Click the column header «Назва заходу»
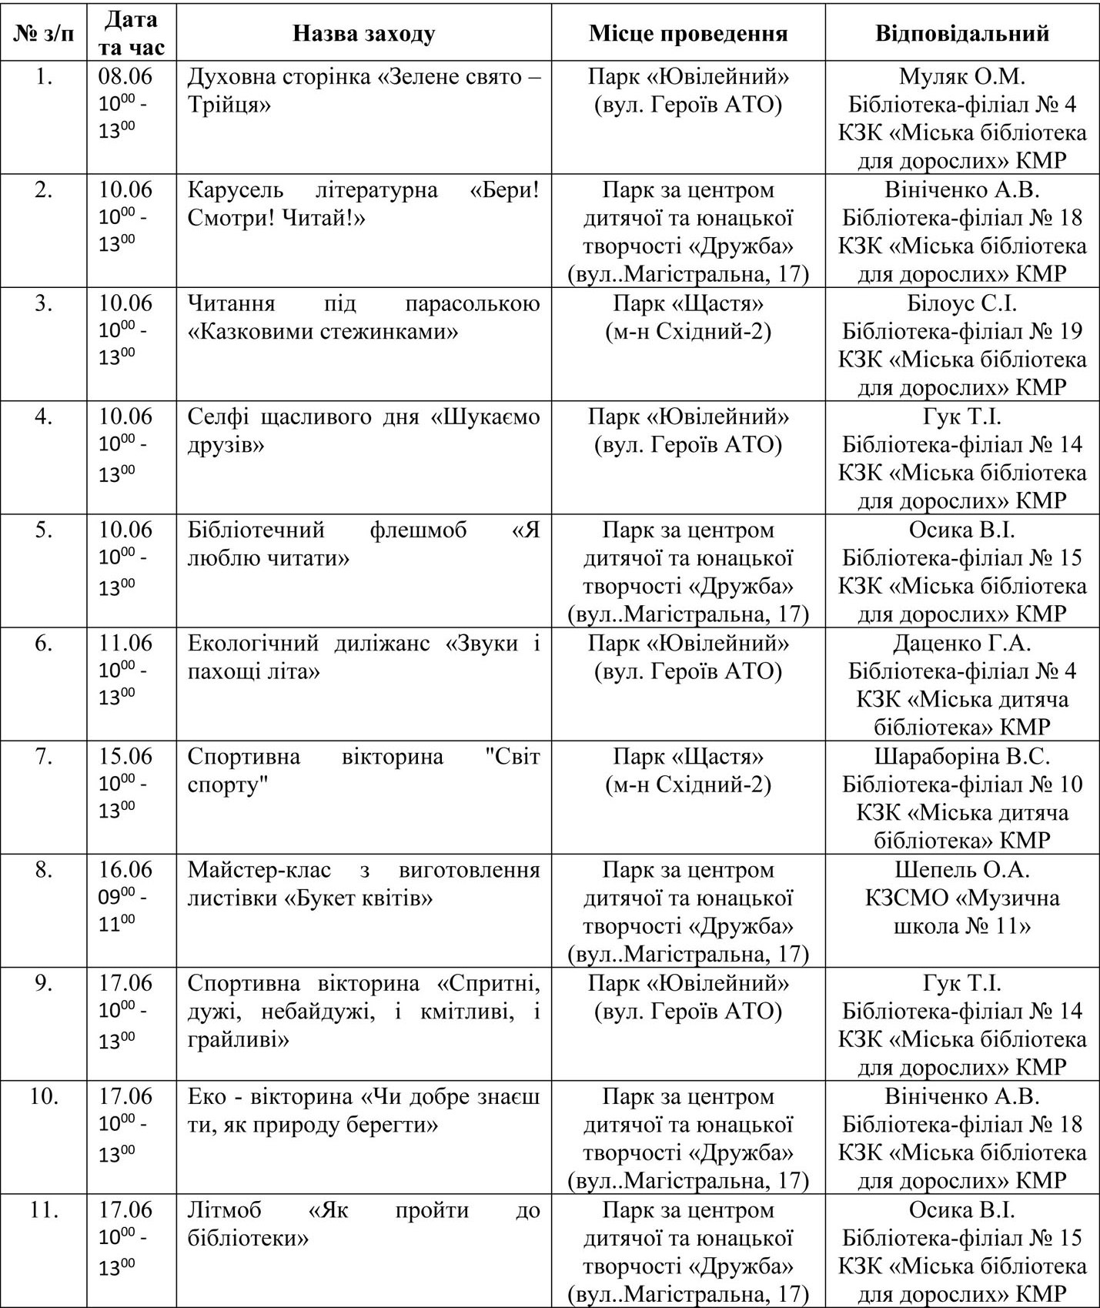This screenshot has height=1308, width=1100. (x=363, y=33)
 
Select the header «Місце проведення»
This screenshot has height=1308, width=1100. (x=688, y=33)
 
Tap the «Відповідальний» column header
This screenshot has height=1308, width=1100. (x=962, y=33)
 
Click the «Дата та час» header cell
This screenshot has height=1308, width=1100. (x=132, y=33)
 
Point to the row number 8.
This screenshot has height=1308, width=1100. (x=44, y=869)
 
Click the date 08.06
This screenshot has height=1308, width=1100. (x=125, y=76)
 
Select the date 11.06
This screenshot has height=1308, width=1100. (x=125, y=643)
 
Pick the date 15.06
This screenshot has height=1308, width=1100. (x=125, y=756)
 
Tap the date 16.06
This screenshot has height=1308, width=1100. (x=125, y=869)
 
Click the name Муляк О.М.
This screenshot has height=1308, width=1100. (x=962, y=76)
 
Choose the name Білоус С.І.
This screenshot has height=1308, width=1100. (x=962, y=303)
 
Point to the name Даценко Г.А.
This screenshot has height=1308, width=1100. (x=962, y=643)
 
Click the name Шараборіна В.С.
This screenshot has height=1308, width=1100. (x=962, y=756)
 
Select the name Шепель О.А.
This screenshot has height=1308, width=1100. (x=962, y=869)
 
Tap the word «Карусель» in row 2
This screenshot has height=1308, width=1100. (x=236, y=189)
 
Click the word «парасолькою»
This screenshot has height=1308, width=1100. (x=472, y=303)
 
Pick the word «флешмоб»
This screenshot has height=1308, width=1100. (x=418, y=530)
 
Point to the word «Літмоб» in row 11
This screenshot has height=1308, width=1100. (x=225, y=1209)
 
